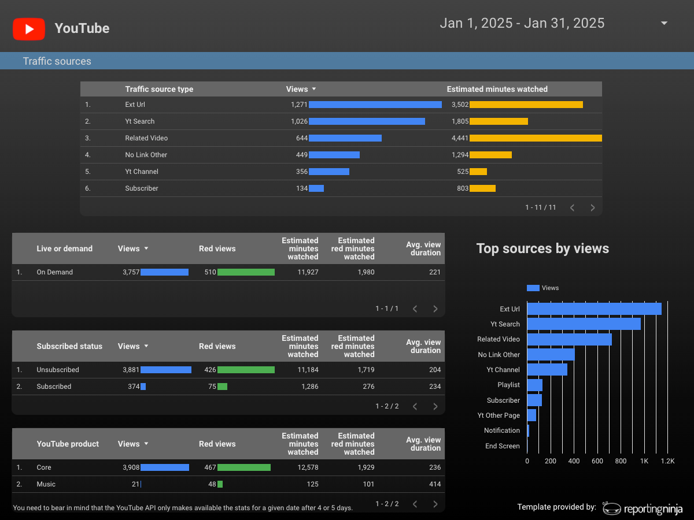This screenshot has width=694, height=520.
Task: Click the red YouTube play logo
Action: (29, 29)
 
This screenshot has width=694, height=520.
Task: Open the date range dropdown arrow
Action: (664, 23)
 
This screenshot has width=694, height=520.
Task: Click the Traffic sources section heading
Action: (57, 61)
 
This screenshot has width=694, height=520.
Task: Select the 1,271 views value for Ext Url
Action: (299, 105)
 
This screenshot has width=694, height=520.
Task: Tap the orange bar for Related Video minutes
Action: (536, 138)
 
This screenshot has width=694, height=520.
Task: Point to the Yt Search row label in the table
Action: (140, 121)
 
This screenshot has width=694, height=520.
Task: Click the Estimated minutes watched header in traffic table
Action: (497, 89)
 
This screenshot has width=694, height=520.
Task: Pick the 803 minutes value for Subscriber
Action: (463, 188)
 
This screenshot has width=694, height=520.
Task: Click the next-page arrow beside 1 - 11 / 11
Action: (593, 207)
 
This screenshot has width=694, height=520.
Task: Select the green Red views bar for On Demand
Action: (246, 272)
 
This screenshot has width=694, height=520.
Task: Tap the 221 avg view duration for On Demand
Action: (435, 272)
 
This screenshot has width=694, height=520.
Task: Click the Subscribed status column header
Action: (69, 346)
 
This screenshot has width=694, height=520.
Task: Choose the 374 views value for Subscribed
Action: (134, 387)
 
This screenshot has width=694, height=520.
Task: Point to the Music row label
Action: (46, 484)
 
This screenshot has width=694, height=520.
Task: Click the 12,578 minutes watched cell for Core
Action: (308, 467)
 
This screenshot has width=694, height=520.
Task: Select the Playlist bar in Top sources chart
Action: (534, 385)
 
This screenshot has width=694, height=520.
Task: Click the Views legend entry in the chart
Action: (542, 288)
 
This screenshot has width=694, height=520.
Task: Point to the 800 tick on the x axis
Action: (621, 461)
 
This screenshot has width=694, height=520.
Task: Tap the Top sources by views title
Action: (542, 248)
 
